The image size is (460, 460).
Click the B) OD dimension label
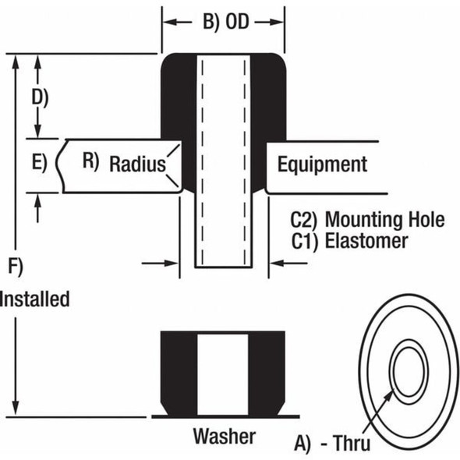tap(225, 22)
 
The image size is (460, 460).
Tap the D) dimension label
tap(39, 97)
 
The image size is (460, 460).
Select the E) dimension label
tap(40, 164)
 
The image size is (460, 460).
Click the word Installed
tap(35, 299)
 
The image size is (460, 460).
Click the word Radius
tap(137, 165)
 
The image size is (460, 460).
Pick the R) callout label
tap(91, 161)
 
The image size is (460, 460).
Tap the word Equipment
tap(322, 165)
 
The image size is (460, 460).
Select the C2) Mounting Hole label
tap(367, 219)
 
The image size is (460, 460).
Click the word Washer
tap(224, 435)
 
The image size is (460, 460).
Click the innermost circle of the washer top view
tap(410, 370)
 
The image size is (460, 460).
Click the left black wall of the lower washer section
tap(179, 373)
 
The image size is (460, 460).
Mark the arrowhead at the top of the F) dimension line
tap(15, 61)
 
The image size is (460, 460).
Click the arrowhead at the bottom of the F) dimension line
tap(15, 409)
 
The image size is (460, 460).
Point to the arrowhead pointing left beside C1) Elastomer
tap(276, 264)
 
